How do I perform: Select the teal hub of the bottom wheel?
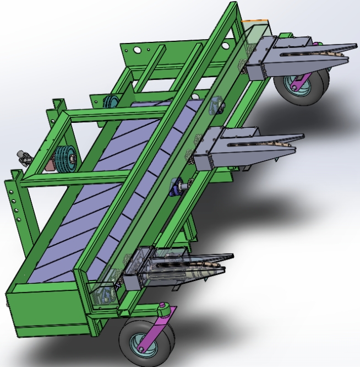(x=138, y=344)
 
